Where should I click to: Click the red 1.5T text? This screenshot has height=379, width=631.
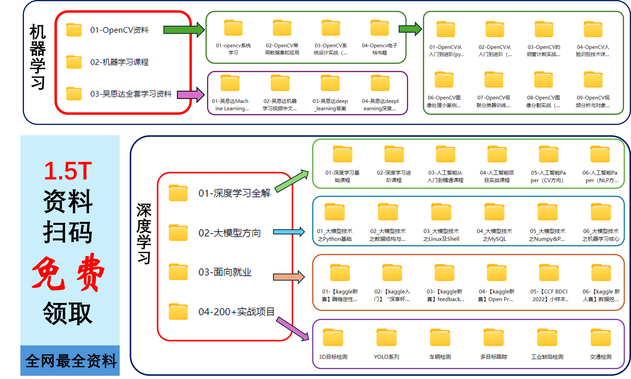point(68,171)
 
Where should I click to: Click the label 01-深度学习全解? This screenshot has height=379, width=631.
point(234,193)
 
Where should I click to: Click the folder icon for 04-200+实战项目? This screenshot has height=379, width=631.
point(178,312)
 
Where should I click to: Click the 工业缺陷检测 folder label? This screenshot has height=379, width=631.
point(547,357)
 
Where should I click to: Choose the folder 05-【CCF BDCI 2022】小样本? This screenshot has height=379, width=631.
point(549,273)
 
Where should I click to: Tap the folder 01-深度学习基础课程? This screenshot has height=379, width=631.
point(342,155)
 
